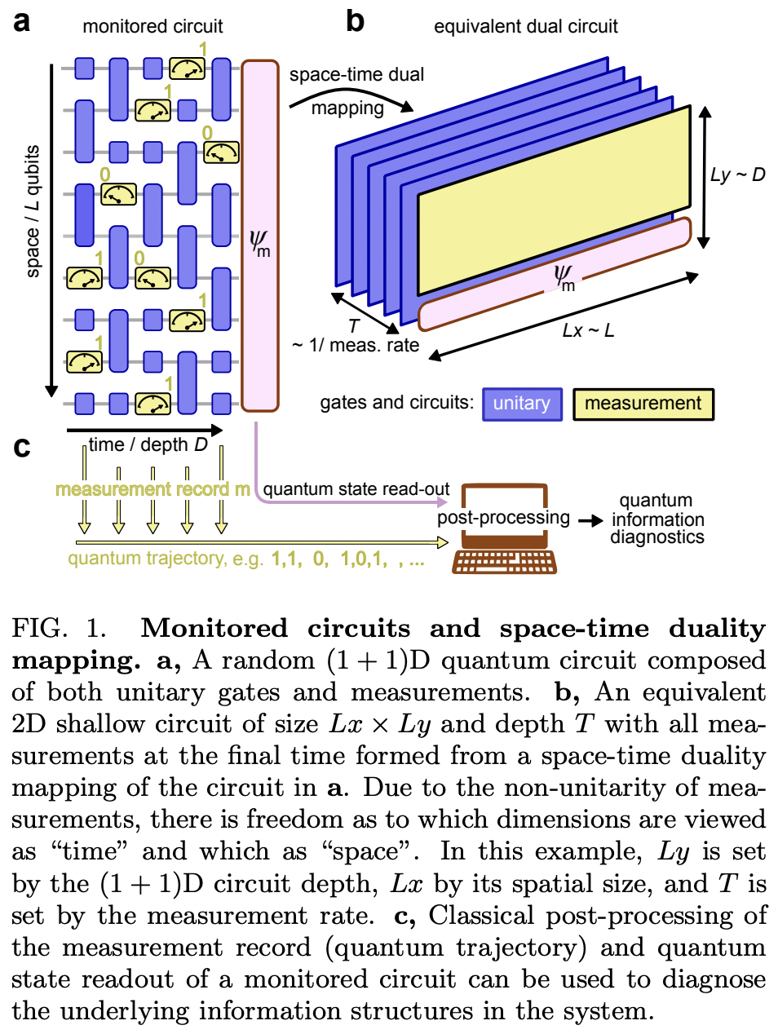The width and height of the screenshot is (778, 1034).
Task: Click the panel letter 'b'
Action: pyautogui.click(x=355, y=20)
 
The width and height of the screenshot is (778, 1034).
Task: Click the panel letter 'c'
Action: pyautogui.click(x=22, y=447)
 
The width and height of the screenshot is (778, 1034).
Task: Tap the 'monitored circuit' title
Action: pyautogui.click(x=153, y=26)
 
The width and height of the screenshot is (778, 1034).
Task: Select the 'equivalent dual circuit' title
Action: pyautogui.click(x=525, y=26)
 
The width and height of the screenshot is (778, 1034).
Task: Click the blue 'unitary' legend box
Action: pyautogui.click(x=522, y=404)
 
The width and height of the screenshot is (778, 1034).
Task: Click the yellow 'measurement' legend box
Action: pyautogui.click(x=643, y=404)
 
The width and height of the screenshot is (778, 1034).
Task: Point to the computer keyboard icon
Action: pyautogui.click(x=505, y=562)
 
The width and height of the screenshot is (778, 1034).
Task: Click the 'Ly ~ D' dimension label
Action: pyautogui.click(x=737, y=175)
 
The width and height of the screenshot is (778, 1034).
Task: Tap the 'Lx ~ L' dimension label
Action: pyautogui.click(x=588, y=330)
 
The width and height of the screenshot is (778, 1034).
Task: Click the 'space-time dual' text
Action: pyautogui.click(x=356, y=74)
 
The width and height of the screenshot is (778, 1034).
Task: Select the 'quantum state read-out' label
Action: pyautogui.click(x=356, y=489)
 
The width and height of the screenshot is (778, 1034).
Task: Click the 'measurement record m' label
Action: pyautogui.click(x=153, y=489)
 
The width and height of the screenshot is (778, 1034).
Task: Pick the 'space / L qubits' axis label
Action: pyautogui.click(x=33, y=211)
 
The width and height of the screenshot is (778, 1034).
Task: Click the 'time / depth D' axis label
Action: pyautogui.click(x=148, y=445)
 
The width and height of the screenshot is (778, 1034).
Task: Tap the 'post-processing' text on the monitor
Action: pyautogui.click(x=503, y=517)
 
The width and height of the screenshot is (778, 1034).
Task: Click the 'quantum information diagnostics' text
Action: pyautogui.click(x=657, y=519)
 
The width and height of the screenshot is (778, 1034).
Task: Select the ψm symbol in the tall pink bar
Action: pyautogui.click(x=259, y=242)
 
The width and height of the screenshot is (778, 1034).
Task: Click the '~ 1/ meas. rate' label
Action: pyautogui.click(x=356, y=345)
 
